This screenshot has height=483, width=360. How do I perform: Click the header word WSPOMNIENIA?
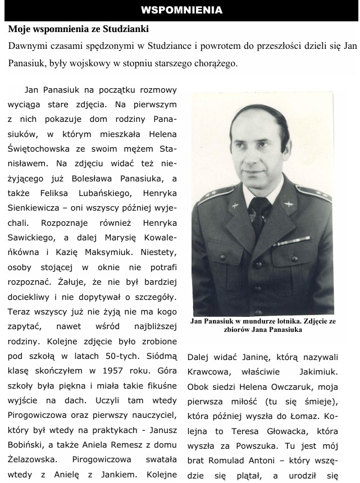(181, 10)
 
